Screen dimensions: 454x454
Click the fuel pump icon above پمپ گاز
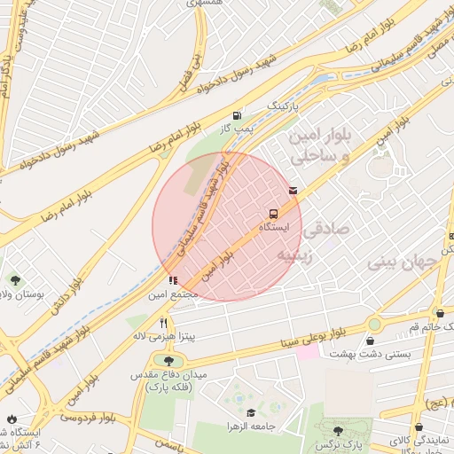click(237, 115)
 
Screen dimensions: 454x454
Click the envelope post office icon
click(293, 190)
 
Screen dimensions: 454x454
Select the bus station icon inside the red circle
click(273, 214)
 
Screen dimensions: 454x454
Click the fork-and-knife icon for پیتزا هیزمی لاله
click(163, 323)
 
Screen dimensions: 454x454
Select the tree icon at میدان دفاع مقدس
click(168, 359)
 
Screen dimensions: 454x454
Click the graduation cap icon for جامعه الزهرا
click(251, 413)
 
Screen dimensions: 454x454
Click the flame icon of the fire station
click(11, 419)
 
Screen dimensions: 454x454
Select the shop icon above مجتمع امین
click(172, 281)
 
